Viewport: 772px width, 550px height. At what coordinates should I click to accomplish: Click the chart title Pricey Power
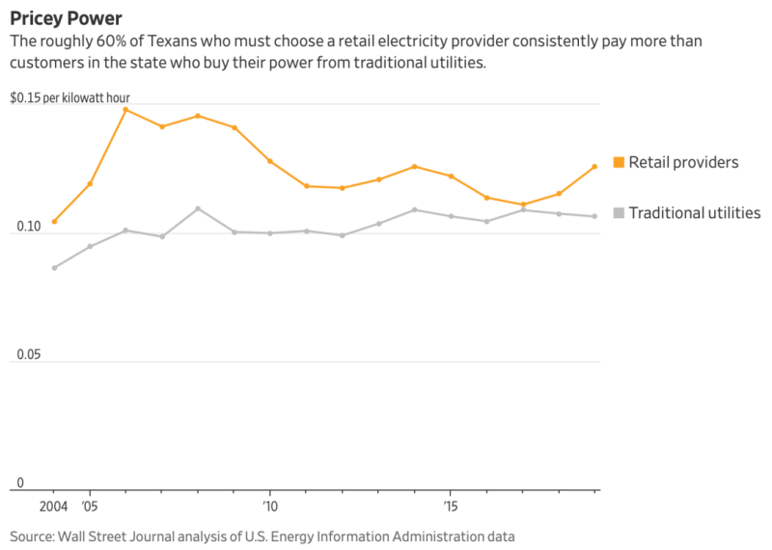[x=66, y=18]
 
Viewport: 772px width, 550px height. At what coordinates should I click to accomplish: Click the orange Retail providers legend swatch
[x=620, y=162]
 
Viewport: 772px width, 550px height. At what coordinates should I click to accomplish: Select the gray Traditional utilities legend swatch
[x=620, y=213]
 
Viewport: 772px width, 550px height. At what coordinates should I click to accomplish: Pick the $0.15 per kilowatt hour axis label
[x=69, y=98]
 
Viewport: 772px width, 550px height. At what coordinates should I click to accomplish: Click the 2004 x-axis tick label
[x=54, y=506]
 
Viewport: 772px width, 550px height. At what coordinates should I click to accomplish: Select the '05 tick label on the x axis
[x=90, y=506]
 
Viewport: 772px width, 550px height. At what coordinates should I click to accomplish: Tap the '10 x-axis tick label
[x=270, y=506]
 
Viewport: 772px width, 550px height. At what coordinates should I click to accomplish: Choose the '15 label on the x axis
[x=451, y=506]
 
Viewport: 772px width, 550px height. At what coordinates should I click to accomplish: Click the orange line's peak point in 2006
[x=125, y=110]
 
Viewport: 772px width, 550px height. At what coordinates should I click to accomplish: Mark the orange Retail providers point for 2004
[x=54, y=222]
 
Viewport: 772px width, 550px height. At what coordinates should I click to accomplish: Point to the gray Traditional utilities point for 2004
[x=54, y=267]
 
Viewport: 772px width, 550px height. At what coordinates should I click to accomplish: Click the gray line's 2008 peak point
[x=198, y=208]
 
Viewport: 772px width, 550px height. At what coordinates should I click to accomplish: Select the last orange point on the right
[x=594, y=167]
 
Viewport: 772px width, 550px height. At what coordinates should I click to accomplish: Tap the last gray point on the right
[x=594, y=216]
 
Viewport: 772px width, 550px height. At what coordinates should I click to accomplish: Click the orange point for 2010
[x=270, y=161]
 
